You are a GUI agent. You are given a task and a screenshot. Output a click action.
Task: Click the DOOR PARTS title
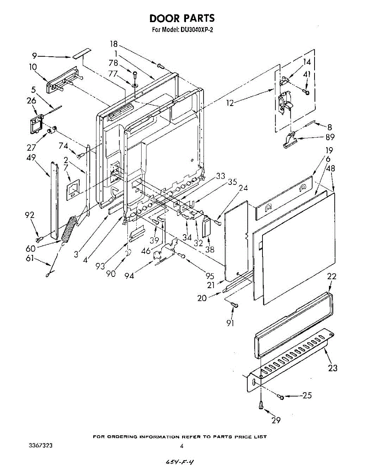pos(182,18)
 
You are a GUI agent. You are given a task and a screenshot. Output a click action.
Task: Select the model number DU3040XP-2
pos(194,30)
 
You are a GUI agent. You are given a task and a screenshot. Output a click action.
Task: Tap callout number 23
pos(332,368)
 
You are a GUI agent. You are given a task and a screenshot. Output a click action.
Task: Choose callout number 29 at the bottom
pos(276,419)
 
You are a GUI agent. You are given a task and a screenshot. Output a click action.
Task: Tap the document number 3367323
pos(41,445)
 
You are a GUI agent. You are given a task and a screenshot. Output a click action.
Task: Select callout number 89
pos(330,137)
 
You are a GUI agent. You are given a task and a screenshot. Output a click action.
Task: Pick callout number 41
pos(307,75)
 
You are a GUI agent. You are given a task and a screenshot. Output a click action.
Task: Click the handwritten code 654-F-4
pos(179,462)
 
